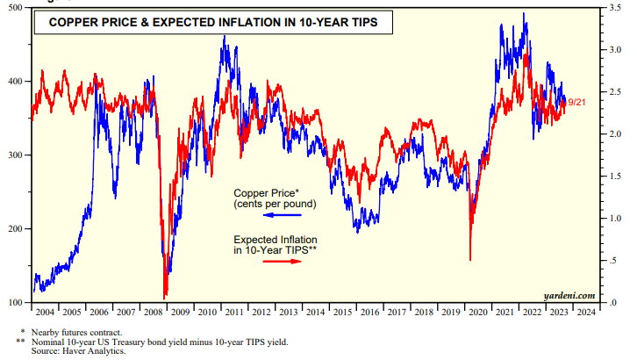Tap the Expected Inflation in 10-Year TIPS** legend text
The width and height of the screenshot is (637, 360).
coord(276,244)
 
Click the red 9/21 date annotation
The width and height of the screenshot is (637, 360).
coord(576,103)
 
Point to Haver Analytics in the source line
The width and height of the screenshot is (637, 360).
coord(101,350)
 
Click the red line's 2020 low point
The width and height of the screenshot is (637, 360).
coord(470,260)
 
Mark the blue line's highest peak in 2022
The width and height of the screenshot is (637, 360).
coord(525,13)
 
